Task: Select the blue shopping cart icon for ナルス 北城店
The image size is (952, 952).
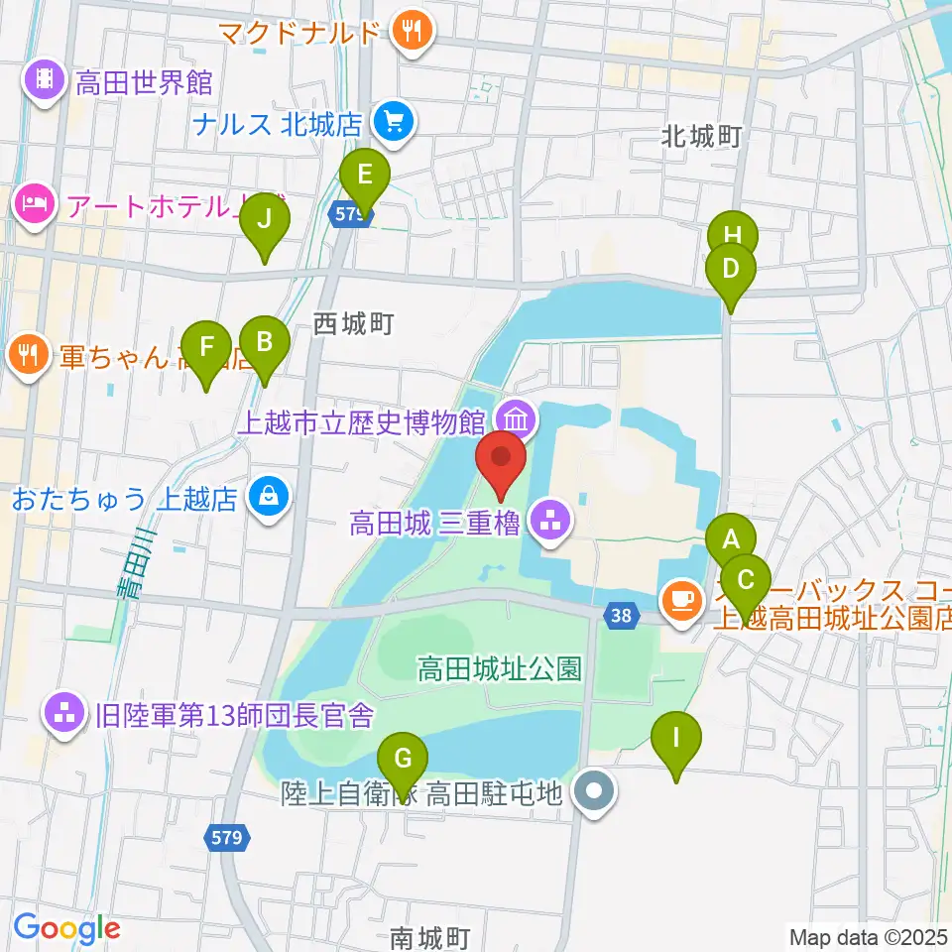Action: coord(394,123)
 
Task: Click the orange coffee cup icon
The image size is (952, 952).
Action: coord(680,600)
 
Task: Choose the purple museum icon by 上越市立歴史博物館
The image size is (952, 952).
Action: coord(514,416)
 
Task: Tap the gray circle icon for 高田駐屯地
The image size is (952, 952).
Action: coord(596,792)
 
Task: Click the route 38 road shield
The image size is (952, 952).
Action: coord(620,616)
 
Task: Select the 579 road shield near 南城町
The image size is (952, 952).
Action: coord(225,839)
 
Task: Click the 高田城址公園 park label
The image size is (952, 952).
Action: coord(500,667)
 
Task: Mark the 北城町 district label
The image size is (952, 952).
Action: coord(702,137)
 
